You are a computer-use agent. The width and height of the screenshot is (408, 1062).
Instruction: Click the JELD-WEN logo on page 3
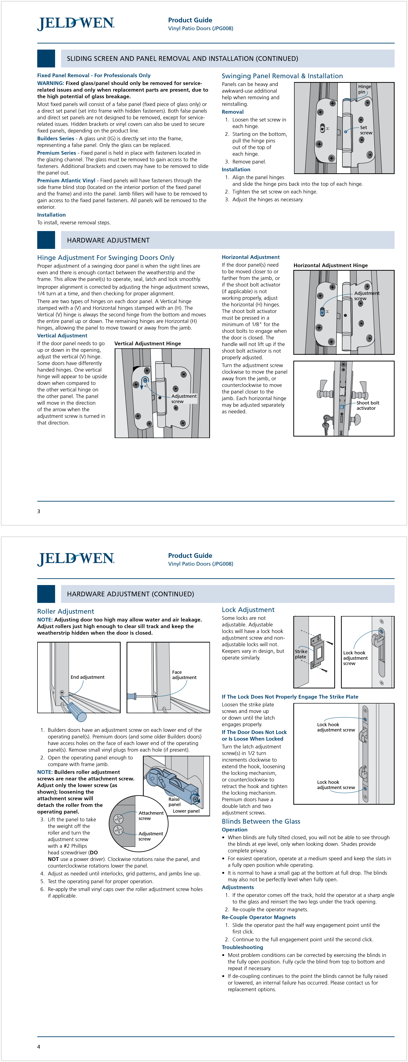pos(76,24)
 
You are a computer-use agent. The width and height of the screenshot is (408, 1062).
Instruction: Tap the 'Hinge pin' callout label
pos(364,89)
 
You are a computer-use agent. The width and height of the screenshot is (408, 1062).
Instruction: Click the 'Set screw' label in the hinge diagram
pos(366,130)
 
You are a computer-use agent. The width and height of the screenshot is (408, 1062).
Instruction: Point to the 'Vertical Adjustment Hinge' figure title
pos(147,343)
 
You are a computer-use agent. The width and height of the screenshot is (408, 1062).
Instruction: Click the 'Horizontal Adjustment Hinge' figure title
pos(330,265)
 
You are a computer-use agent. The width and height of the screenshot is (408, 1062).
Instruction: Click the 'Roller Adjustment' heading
pos(66,611)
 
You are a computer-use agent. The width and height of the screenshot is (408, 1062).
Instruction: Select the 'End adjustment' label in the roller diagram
pos(87,677)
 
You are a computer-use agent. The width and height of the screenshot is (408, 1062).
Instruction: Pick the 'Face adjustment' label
pos(184,675)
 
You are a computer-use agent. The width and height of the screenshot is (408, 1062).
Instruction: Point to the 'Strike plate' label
pos(301,654)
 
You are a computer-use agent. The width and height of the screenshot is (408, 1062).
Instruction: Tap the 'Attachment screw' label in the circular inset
pos(151,816)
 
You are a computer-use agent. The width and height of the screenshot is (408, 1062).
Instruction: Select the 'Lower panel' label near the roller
pos(186,811)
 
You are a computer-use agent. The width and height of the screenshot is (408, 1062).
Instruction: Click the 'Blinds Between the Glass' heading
pos(261,821)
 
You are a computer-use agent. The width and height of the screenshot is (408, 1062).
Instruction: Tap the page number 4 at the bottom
pos(39,1046)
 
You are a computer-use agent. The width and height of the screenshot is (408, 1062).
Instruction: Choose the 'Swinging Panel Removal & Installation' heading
pos(282,76)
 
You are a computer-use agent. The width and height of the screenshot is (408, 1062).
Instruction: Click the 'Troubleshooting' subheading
pos(242,947)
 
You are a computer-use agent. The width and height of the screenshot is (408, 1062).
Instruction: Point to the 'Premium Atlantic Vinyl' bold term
pos(66,180)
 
